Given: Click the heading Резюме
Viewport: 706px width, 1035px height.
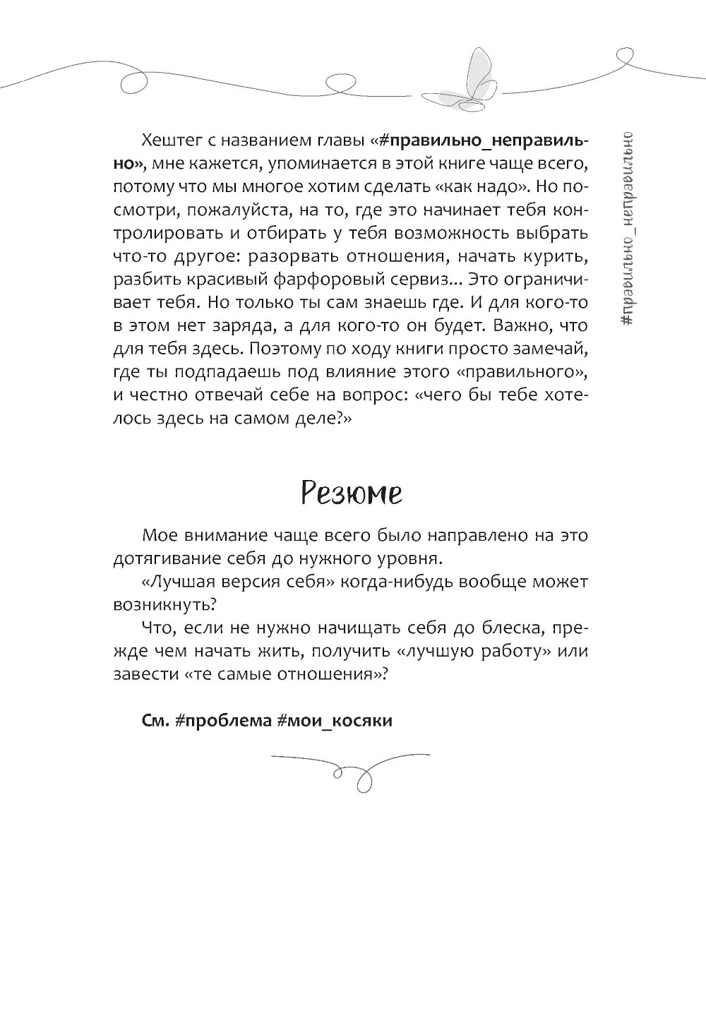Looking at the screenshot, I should point(352,492).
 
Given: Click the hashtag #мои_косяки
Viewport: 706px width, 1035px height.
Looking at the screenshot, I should point(332,720).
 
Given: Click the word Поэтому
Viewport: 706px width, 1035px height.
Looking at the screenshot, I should point(278,349).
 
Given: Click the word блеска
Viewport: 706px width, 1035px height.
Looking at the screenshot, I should point(508,627).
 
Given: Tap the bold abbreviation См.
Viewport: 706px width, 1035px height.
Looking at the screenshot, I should point(154,720).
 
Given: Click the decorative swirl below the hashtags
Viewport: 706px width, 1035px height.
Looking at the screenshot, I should point(352,769).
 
